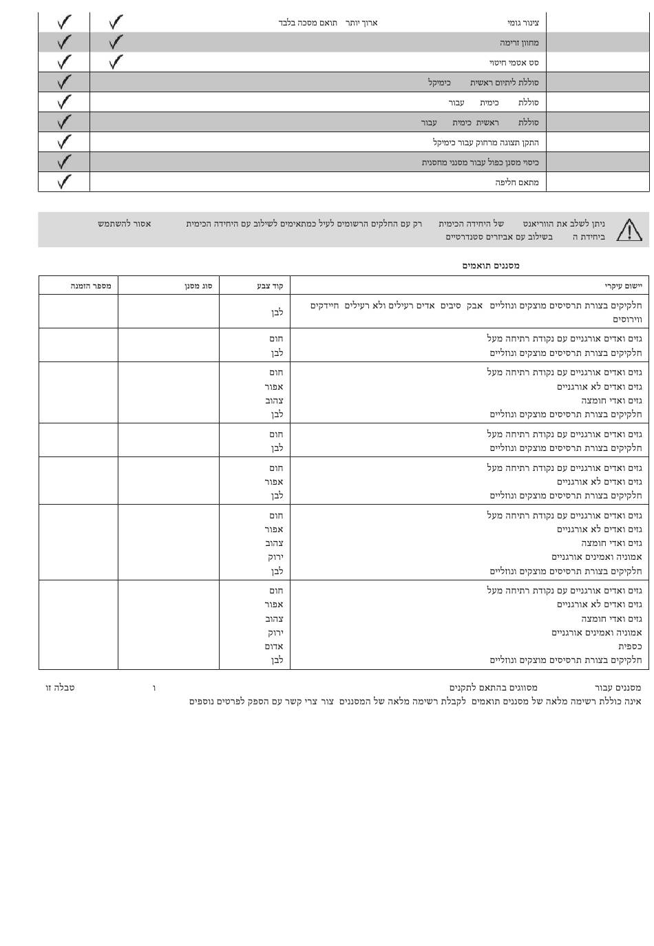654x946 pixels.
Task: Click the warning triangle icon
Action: tap(629, 230)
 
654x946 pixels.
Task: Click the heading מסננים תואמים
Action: tap(491, 266)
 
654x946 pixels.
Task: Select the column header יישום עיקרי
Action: tap(623, 286)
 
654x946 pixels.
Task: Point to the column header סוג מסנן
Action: tap(198, 286)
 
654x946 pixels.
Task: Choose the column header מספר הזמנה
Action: tap(91, 286)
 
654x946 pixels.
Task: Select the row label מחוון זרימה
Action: tap(519, 43)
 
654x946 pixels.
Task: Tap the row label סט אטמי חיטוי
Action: tap(514, 63)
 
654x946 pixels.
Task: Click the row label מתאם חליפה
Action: tap(517, 182)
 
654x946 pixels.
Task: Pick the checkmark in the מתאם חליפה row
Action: tap(64, 182)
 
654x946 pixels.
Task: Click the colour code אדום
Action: tap(274, 647)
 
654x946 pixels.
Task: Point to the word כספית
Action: tap(630, 647)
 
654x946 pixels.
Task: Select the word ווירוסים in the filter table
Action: tap(627, 319)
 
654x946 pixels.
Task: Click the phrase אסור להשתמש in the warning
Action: tap(124, 224)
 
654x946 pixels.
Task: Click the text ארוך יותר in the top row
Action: tap(361, 23)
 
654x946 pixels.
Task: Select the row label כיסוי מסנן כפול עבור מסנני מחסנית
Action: tap(480, 162)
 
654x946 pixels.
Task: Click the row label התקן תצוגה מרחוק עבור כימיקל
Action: tap(485, 143)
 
